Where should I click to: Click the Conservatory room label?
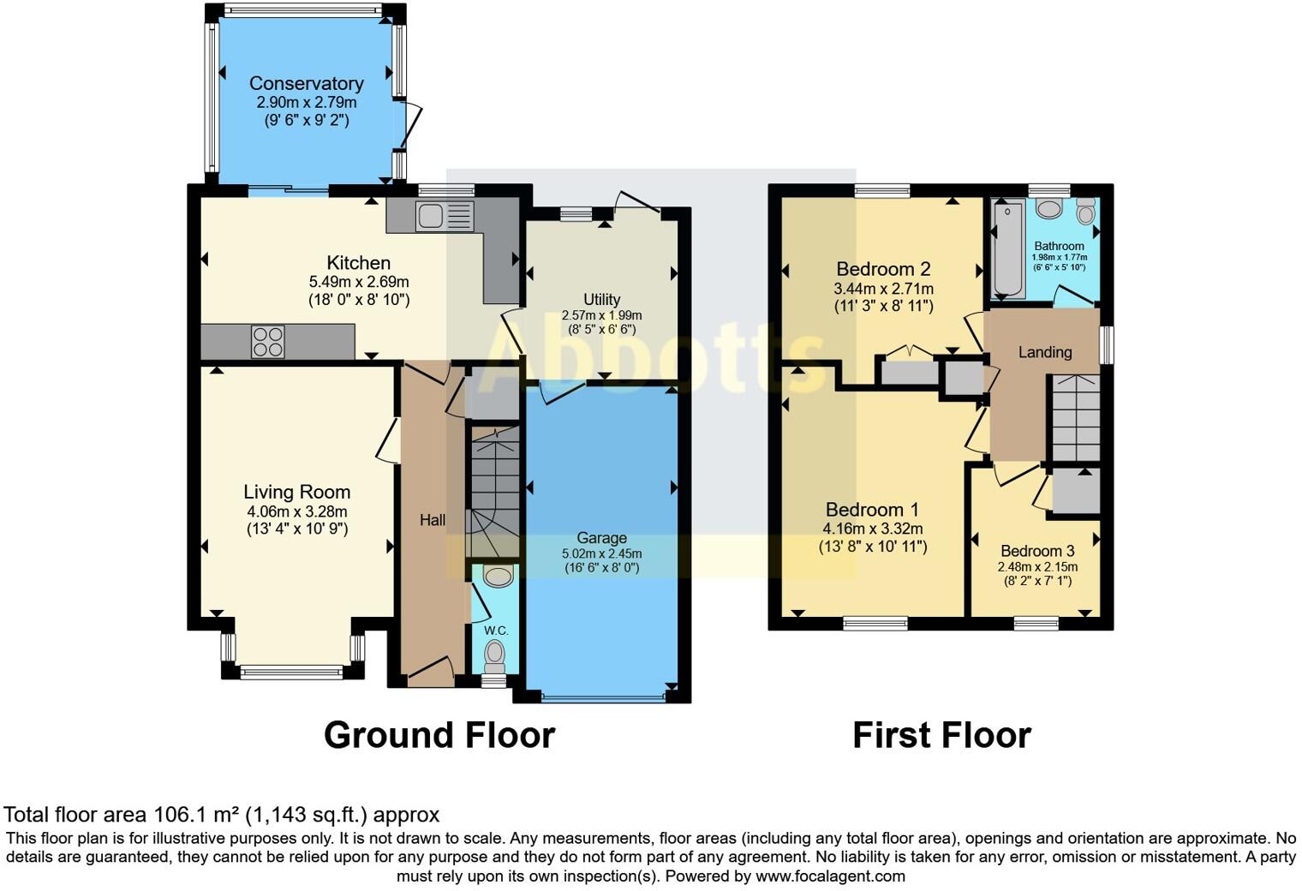(306, 83)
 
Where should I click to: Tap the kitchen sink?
(444, 216)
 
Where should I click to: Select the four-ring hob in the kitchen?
(267, 342)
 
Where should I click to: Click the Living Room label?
(296, 492)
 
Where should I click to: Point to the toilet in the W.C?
(494, 657)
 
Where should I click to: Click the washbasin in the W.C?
(498, 576)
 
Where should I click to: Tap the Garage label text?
(601, 538)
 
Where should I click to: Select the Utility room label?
(601, 299)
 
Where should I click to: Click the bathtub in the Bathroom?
(1007, 248)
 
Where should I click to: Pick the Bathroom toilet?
(1086, 210)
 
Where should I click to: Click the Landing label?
(1044, 352)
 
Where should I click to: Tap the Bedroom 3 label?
(1036, 551)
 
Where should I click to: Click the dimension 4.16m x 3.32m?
(873, 529)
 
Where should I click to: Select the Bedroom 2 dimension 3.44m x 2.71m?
(883, 289)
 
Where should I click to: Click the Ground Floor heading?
(439, 735)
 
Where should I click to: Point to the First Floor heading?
(941, 735)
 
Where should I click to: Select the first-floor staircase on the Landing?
(1075, 418)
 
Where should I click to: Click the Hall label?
(432, 520)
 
